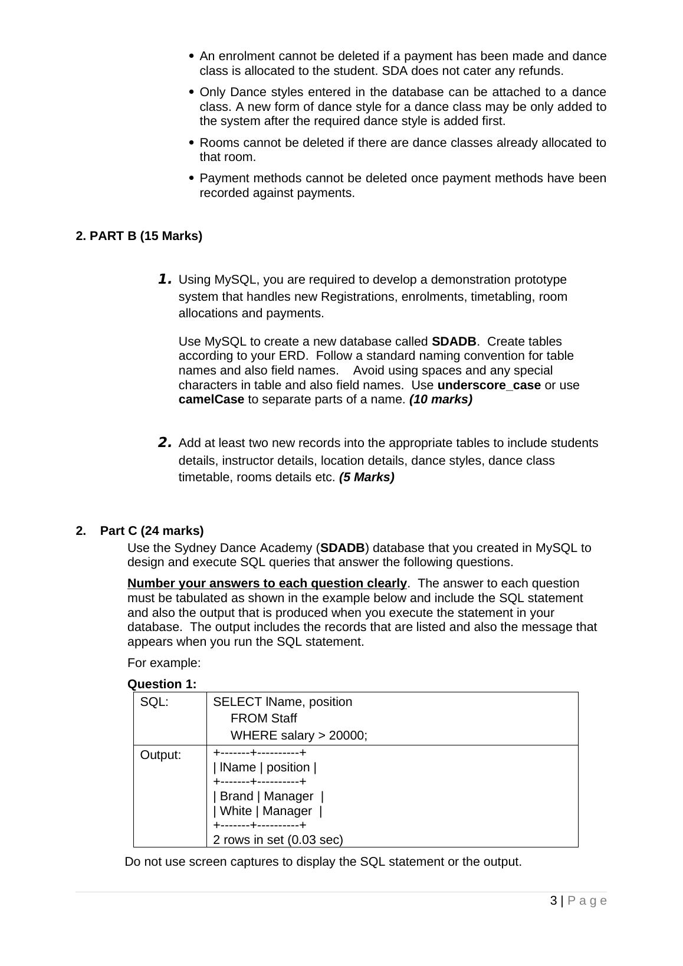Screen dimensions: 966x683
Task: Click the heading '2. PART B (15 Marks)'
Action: (x=139, y=236)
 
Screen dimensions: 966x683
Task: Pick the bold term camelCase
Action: (x=211, y=400)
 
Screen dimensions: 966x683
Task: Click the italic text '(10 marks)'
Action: (x=441, y=400)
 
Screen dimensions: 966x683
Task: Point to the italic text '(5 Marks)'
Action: (x=366, y=478)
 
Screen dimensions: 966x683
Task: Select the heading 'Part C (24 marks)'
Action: (x=152, y=531)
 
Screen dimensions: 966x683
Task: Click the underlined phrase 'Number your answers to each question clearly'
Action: (x=267, y=584)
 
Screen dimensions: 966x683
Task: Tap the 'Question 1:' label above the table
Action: (x=162, y=684)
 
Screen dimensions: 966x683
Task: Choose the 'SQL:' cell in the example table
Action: (x=154, y=702)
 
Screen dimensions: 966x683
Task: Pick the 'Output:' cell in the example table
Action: (x=160, y=755)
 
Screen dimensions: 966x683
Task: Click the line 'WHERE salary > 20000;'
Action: (x=298, y=736)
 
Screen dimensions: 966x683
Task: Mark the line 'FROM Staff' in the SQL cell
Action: (x=263, y=719)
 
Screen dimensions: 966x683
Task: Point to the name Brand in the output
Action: (x=237, y=797)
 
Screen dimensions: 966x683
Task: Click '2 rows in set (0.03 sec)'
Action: (x=278, y=840)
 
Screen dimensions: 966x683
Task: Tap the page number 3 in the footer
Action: (x=553, y=901)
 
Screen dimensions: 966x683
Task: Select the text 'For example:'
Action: (x=164, y=663)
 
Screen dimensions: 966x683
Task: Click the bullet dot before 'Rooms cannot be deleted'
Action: (x=191, y=143)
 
